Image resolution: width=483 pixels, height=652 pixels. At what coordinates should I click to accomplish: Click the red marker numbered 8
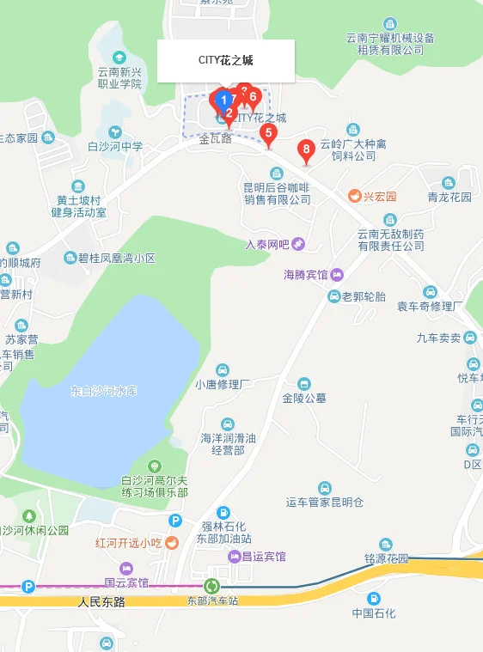305,150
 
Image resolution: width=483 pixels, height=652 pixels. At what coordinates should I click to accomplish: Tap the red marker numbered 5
268,133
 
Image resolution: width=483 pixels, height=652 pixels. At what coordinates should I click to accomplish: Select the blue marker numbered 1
223,101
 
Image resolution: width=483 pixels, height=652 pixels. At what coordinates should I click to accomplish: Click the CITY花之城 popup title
226,60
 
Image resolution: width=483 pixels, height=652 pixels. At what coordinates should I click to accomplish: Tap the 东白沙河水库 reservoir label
103,392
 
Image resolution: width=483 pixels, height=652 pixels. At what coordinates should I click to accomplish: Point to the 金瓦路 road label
216,138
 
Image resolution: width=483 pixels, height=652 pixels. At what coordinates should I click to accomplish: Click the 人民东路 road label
101,602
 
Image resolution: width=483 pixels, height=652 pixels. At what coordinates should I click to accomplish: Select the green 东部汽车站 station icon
211,586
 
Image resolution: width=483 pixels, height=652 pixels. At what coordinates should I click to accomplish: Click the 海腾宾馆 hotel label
306,275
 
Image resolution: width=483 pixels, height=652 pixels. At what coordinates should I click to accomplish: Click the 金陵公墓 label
304,398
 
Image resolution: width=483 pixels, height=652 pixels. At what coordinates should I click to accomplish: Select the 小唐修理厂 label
223,384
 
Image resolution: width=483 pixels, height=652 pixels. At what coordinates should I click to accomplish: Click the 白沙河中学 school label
115,147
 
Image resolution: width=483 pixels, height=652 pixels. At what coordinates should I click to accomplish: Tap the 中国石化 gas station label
374,613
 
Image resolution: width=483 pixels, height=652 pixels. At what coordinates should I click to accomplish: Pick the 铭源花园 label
386,558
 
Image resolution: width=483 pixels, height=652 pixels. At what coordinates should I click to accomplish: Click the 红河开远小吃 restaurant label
129,543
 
